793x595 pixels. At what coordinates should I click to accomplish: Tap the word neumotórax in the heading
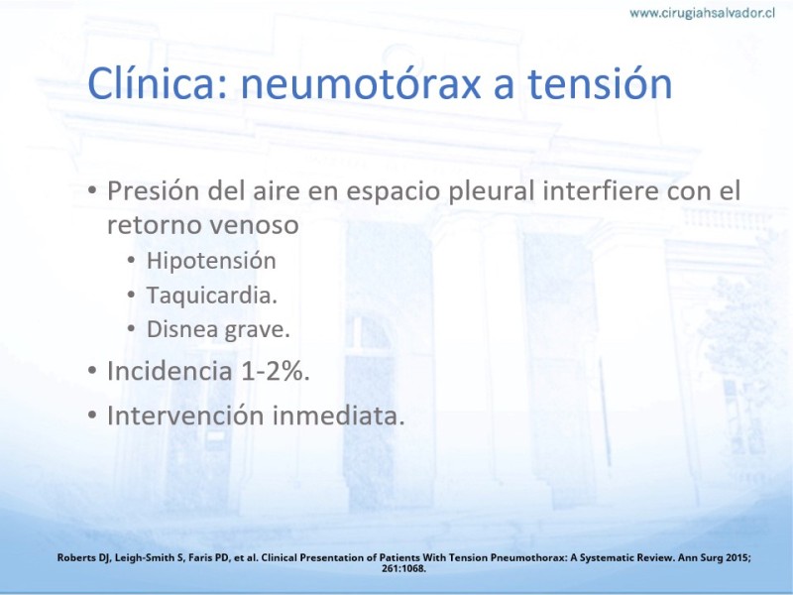(x=361, y=83)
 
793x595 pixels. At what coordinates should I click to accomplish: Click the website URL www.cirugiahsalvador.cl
(x=702, y=13)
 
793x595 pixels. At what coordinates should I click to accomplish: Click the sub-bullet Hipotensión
(x=211, y=261)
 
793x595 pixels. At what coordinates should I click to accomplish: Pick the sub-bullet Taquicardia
(x=212, y=295)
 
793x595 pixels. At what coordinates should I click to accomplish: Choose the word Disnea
(x=182, y=329)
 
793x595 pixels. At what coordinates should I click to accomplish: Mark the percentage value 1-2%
(x=276, y=371)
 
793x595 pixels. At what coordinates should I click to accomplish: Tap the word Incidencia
(x=170, y=371)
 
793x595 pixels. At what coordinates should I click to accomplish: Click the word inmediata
(x=339, y=416)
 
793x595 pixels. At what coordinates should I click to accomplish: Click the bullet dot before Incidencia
(x=92, y=371)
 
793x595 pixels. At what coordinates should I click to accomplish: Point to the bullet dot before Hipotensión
(x=132, y=261)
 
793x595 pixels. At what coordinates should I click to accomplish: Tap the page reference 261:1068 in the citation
(x=403, y=568)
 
